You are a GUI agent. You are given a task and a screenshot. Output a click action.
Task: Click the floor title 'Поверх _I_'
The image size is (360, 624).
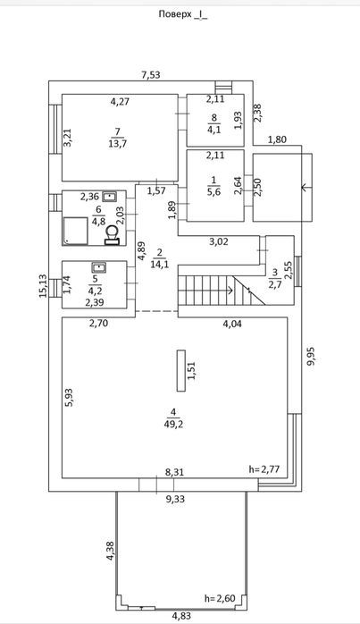pos(182,14)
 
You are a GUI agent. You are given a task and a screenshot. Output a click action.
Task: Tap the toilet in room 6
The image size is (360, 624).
pos(112,234)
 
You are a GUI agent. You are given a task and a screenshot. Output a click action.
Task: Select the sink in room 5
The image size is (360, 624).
pos(98,267)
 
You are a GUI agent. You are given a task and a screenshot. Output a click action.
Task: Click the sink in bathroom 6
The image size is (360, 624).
pos(109,196)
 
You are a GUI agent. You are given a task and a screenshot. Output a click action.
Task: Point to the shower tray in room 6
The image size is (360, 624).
pos(75,231)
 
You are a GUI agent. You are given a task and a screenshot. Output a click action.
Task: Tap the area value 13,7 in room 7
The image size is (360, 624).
pos(117,144)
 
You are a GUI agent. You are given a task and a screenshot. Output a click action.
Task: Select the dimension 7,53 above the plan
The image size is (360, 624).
pos(151,75)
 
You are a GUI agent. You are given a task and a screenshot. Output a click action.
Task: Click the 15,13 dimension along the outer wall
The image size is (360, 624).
pos(44,286)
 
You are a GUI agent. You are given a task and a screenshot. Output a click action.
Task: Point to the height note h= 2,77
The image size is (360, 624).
pos(264,469)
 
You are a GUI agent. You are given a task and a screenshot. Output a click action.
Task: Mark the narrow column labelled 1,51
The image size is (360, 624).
pos(181,371)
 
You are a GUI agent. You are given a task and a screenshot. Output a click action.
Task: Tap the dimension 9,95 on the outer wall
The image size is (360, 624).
pos(311,355)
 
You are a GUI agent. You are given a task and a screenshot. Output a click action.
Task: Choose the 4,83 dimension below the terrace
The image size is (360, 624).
pos(181,617)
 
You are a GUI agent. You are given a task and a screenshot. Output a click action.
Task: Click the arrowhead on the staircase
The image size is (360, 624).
pos(230,291)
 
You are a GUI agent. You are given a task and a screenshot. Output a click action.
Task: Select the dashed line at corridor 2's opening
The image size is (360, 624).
pos(156,311)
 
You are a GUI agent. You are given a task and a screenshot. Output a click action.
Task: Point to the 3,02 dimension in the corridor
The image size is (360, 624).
pos(219,241)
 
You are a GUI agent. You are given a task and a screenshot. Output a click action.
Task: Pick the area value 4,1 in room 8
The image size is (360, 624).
pos(213,130)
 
